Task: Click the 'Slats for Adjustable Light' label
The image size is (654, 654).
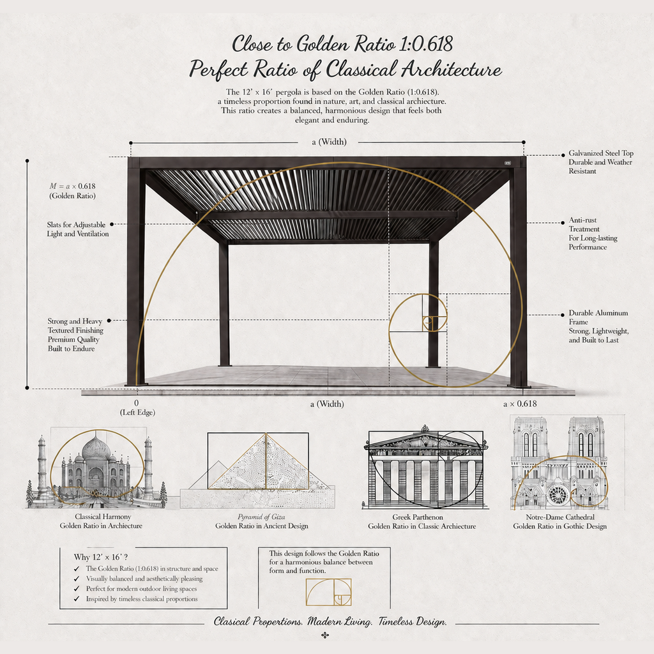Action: [77, 229]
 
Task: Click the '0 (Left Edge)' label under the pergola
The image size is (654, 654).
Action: [137, 408]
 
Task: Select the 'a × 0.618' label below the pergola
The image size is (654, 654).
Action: [520, 404]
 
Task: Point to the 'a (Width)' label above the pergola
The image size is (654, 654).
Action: [329, 142]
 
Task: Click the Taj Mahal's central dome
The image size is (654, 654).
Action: [96, 448]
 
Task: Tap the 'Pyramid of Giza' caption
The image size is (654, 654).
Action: [261, 517]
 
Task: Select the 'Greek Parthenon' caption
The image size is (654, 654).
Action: [418, 517]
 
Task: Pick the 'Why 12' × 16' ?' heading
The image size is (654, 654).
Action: [101, 557]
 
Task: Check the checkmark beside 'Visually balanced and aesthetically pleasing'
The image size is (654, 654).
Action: [77, 579]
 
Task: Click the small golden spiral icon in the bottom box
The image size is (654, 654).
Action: [329, 592]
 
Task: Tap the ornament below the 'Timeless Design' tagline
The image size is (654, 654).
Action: [325, 635]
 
